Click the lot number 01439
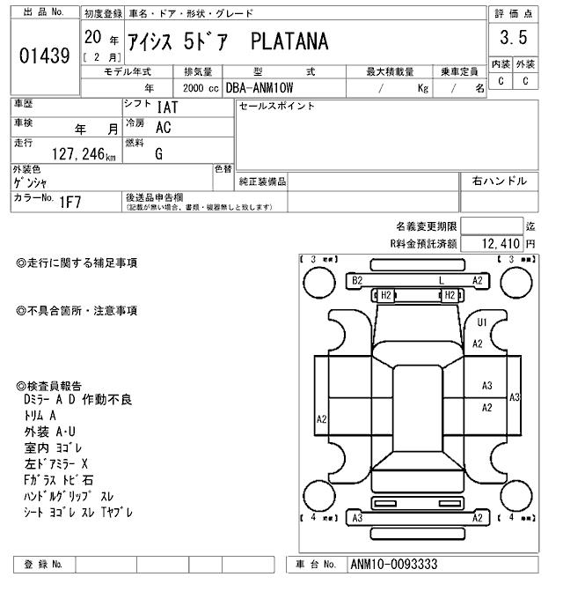[44, 56]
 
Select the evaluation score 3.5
[512, 38]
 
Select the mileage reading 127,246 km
[84, 154]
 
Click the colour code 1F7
[71, 201]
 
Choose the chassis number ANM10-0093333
[393, 565]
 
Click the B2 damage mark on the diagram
[357, 280]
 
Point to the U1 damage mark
[481, 322]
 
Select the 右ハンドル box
[499, 181]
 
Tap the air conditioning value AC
[163, 127]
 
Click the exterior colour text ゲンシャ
[31, 182]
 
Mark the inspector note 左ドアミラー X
[56, 463]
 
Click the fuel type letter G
[158, 154]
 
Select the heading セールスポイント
[276, 107]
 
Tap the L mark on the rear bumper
[442, 280]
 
